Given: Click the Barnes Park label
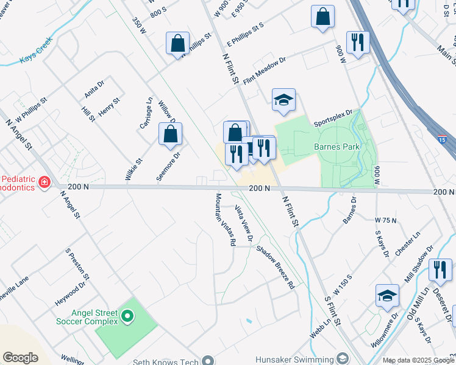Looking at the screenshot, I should click(337, 147).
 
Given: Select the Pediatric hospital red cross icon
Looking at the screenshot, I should click(44, 182).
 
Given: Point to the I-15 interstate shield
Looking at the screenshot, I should click(446, 140).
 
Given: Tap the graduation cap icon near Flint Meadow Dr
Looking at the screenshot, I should click(283, 100).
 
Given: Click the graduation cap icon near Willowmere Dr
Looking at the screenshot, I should click(387, 296).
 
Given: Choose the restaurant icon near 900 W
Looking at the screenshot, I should click(357, 43).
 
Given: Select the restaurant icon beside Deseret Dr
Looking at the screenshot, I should click(440, 270).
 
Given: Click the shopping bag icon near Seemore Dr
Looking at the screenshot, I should click(171, 134).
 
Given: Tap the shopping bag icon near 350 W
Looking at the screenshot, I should click(177, 44).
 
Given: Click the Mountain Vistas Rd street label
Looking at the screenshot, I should click(225, 219).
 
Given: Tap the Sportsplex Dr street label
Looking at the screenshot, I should click(333, 118).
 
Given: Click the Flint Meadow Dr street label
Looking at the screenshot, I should click(264, 71).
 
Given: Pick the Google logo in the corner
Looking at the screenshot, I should click(20, 357).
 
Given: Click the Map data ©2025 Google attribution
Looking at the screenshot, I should click(418, 360).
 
